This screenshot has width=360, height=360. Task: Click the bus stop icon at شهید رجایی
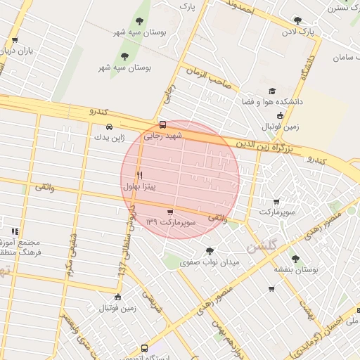click(x=163, y=124)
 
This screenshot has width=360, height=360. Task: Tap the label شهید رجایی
click(x=163, y=135)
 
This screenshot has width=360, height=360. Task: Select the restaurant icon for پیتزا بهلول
click(x=139, y=176)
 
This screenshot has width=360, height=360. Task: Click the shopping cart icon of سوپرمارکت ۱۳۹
click(x=169, y=212)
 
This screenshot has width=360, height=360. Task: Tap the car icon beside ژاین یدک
click(x=108, y=127)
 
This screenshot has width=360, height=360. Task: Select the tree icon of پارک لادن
click(x=297, y=21)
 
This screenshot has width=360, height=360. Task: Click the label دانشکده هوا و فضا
click(x=272, y=102)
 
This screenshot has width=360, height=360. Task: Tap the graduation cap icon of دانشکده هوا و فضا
click(x=272, y=91)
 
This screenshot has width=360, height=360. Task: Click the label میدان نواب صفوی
click(x=210, y=262)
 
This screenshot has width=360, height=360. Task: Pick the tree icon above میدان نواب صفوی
click(x=210, y=250)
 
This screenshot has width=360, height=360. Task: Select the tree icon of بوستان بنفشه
click(x=295, y=259)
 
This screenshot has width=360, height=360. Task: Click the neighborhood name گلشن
click(x=262, y=246)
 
